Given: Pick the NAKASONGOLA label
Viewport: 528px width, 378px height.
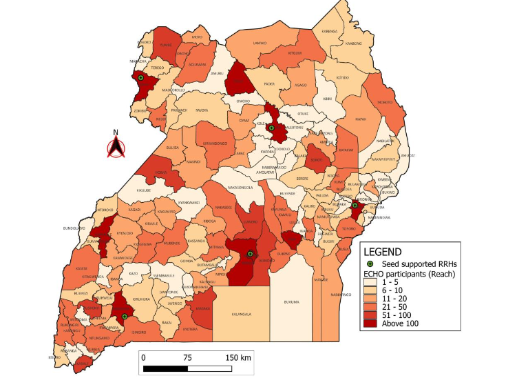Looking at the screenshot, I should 240,187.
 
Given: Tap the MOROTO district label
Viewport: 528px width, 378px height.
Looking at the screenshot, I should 385,102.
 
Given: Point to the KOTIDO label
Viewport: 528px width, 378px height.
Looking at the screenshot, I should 342,77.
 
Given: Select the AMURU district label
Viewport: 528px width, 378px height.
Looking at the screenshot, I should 217,73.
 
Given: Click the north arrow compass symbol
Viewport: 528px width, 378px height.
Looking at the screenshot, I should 116,145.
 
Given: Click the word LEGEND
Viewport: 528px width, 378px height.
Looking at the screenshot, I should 389,252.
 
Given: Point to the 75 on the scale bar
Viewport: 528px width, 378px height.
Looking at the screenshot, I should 187,357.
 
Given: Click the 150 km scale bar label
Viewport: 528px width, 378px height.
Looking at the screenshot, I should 237,357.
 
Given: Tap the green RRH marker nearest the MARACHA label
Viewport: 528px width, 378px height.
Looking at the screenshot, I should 140,79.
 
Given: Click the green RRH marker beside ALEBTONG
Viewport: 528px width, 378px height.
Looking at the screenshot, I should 271,128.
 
